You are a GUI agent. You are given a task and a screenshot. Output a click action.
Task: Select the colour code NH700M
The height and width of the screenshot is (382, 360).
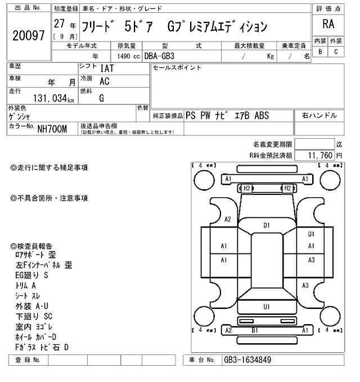[x=52, y=129]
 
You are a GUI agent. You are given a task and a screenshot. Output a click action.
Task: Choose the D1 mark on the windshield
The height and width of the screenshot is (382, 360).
[x=267, y=225]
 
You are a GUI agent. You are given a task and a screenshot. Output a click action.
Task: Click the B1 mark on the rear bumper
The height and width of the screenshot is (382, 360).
[x=254, y=330]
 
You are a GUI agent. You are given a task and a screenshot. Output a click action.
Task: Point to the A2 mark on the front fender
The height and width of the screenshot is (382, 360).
[x=228, y=219]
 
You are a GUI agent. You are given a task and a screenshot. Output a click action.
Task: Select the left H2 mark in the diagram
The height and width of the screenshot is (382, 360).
[x=246, y=188]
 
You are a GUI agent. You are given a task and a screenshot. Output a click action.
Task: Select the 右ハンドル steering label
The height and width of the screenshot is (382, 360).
[x=319, y=116]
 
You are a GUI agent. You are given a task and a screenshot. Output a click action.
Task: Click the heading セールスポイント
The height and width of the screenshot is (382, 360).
[x=177, y=68]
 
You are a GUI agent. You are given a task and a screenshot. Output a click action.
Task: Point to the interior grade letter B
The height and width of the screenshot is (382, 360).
[x=320, y=51]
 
